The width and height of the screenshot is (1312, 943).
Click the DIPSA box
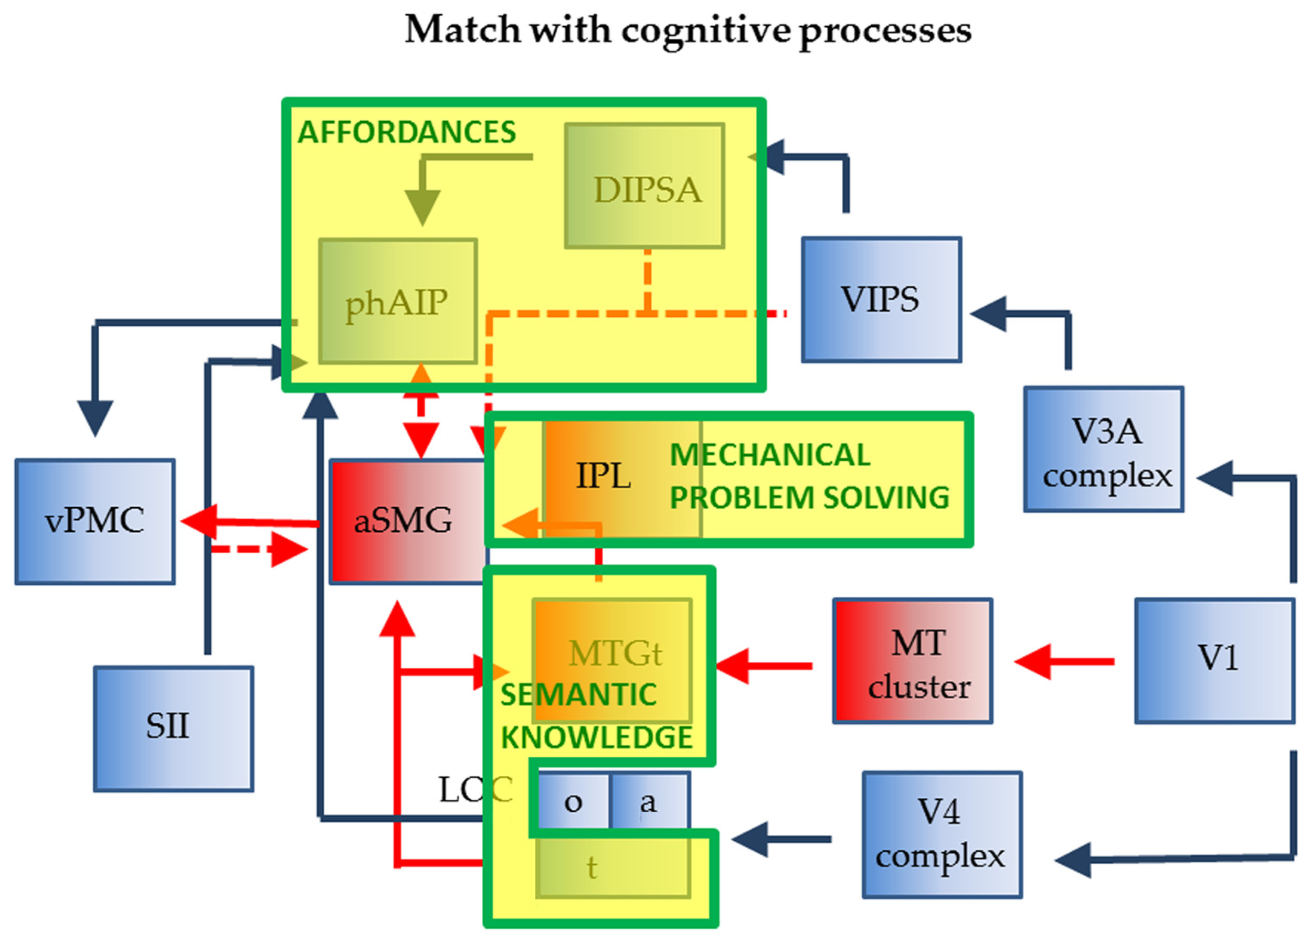point(644,186)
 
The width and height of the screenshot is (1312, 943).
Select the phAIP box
point(398,301)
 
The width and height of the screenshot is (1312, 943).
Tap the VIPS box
point(881,299)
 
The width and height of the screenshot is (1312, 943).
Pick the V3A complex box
point(1103,449)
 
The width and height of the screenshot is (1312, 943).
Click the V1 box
point(1214,661)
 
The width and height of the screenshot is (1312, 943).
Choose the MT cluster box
point(912,661)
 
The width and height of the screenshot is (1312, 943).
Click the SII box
point(174,728)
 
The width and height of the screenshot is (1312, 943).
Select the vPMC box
point(95,521)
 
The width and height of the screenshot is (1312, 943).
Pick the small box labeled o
point(573,802)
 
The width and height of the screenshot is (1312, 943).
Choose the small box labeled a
point(649,802)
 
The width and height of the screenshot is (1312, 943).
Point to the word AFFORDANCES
point(407,132)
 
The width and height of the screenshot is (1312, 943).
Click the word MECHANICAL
point(769,455)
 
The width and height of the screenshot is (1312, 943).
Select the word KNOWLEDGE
point(596,738)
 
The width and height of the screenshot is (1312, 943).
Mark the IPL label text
point(604,476)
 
